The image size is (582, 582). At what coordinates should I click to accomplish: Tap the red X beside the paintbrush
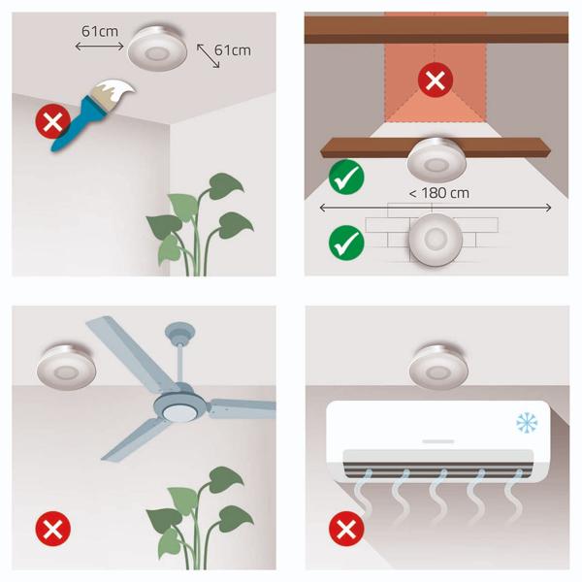[x=52, y=121]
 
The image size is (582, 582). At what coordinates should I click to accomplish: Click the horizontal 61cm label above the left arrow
[x=100, y=32]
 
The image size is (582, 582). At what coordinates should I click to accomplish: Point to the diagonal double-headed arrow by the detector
[x=208, y=55]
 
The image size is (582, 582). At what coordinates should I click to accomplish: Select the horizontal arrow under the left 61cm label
[x=99, y=47]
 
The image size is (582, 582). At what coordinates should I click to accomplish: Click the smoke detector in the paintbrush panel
[x=157, y=48]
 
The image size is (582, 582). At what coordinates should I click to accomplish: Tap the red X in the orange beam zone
[x=436, y=81]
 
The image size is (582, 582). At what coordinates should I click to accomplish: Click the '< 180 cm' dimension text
[x=439, y=193]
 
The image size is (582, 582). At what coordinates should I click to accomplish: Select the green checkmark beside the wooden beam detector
[x=346, y=178]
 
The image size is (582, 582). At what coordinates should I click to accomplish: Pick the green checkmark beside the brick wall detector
[x=346, y=242]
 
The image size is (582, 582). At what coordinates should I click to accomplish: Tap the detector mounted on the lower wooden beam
[x=436, y=160]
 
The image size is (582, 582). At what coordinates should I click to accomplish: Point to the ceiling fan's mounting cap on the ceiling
[x=179, y=331]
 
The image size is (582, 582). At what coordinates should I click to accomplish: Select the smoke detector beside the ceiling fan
[x=66, y=368]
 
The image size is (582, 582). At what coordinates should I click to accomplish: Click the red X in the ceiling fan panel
[x=52, y=529]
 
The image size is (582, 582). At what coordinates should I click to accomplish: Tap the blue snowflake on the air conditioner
[x=527, y=422]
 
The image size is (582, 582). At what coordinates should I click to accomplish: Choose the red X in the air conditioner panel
[x=346, y=529]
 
